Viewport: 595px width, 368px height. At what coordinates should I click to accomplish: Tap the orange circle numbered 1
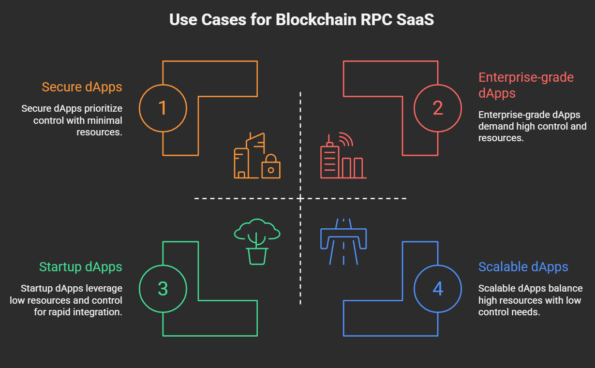point(163,108)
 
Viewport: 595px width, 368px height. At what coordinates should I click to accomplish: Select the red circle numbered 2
point(437,108)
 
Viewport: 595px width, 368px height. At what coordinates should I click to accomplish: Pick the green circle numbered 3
point(163,289)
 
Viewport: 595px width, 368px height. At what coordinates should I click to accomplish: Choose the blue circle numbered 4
point(437,289)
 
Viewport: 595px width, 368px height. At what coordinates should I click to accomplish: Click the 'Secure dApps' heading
point(82,87)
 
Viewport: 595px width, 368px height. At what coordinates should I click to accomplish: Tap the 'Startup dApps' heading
point(80,267)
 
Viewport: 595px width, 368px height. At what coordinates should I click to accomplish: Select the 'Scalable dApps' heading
point(523,267)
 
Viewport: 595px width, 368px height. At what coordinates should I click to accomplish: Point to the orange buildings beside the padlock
point(248,156)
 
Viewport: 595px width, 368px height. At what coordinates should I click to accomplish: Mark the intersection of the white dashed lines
point(300,198)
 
